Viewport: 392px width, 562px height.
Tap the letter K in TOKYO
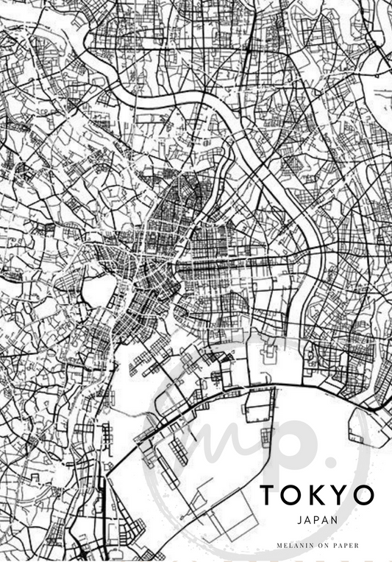[x=318, y=495]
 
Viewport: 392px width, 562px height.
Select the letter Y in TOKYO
[x=340, y=495]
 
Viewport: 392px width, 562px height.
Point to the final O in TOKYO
[x=364, y=495]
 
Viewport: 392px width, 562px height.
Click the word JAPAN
[x=318, y=519]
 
